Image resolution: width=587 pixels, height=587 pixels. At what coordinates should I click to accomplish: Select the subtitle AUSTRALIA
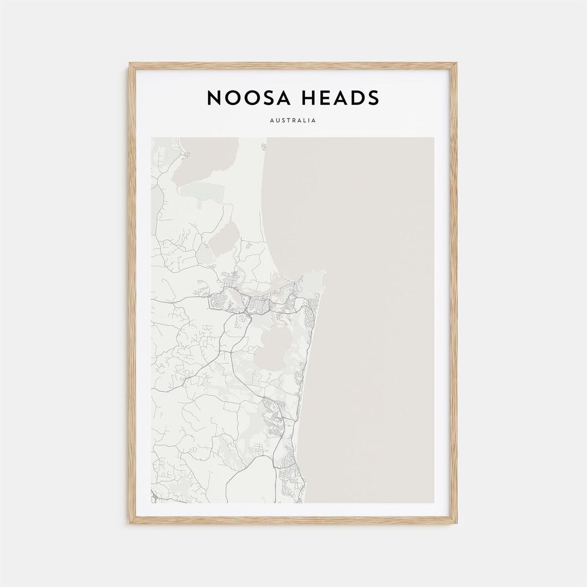(x=292, y=121)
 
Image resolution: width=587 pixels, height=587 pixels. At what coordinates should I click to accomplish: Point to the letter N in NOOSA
(x=214, y=98)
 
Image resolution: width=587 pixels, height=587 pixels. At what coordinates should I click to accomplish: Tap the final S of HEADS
(x=373, y=98)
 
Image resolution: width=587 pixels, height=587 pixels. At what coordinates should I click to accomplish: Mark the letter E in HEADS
(x=324, y=98)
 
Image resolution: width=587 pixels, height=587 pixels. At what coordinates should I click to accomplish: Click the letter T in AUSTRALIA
(x=286, y=121)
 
